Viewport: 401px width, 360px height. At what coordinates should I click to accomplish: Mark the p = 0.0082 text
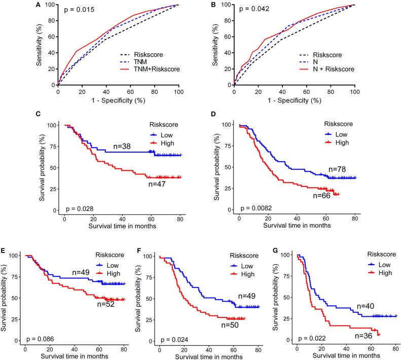tap(259, 208)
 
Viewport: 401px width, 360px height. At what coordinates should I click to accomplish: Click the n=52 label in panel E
tap(105, 318)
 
